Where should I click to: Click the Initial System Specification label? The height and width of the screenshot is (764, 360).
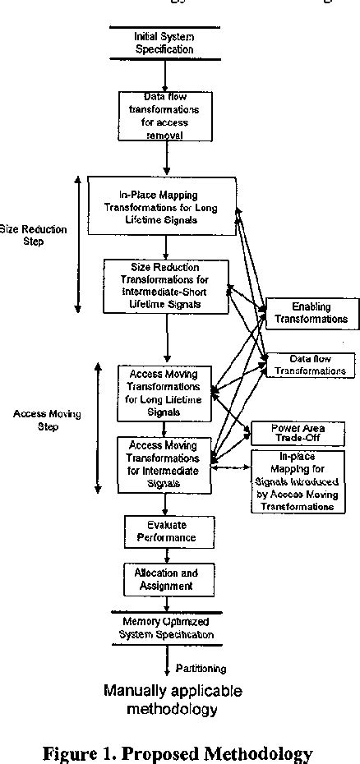(164, 43)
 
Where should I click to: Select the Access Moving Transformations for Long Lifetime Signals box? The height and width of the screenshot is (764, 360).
(164, 393)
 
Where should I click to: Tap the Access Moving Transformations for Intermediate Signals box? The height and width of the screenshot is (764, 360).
(164, 464)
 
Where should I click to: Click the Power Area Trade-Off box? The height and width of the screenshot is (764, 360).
(298, 433)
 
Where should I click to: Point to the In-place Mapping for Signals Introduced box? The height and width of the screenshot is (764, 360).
(298, 481)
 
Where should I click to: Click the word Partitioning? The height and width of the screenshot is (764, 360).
(200, 668)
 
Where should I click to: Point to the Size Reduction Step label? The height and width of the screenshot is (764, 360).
(33, 236)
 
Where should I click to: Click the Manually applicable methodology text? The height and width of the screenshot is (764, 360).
(173, 699)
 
